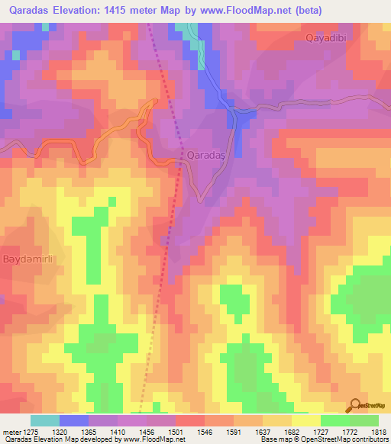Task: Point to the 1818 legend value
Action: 378,431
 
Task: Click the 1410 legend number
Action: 118,431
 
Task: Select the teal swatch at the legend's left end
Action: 45,420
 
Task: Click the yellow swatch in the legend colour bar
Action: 305,420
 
